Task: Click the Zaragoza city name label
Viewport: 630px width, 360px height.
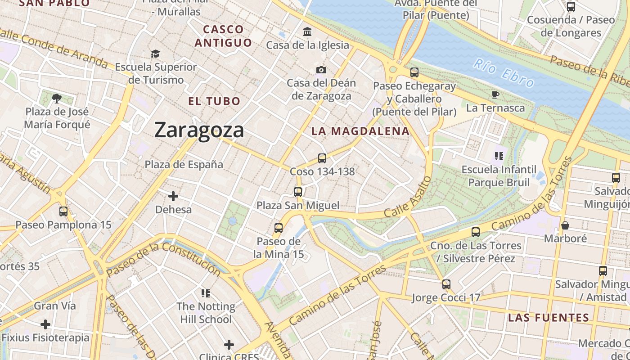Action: (199, 130)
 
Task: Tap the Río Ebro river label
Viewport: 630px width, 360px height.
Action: (504, 73)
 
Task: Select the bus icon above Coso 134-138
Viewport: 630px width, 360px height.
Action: (322, 158)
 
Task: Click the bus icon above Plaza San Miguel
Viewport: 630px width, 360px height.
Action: (297, 192)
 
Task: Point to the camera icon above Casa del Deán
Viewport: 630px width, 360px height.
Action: (321, 70)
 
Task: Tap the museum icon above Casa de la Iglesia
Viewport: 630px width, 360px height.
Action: (307, 31)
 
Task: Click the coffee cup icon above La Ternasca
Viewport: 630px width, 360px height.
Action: (495, 94)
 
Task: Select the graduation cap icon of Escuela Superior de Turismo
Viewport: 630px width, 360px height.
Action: (155, 54)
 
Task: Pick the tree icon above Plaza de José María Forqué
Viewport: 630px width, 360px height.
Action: (56, 98)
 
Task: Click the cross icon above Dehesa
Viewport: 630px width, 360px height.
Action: (173, 196)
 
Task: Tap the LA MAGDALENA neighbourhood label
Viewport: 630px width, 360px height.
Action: (360, 131)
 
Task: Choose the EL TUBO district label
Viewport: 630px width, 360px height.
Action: (214, 101)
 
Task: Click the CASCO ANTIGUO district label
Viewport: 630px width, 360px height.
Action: (224, 36)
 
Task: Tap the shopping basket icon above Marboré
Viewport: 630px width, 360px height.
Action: (565, 225)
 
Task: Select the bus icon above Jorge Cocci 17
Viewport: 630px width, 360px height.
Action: (446, 284)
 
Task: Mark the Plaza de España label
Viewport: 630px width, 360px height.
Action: (184, 165)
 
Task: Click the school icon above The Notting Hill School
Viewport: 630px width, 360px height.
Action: (206, 293)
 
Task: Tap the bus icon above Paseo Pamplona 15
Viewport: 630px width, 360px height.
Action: (63, 211)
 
